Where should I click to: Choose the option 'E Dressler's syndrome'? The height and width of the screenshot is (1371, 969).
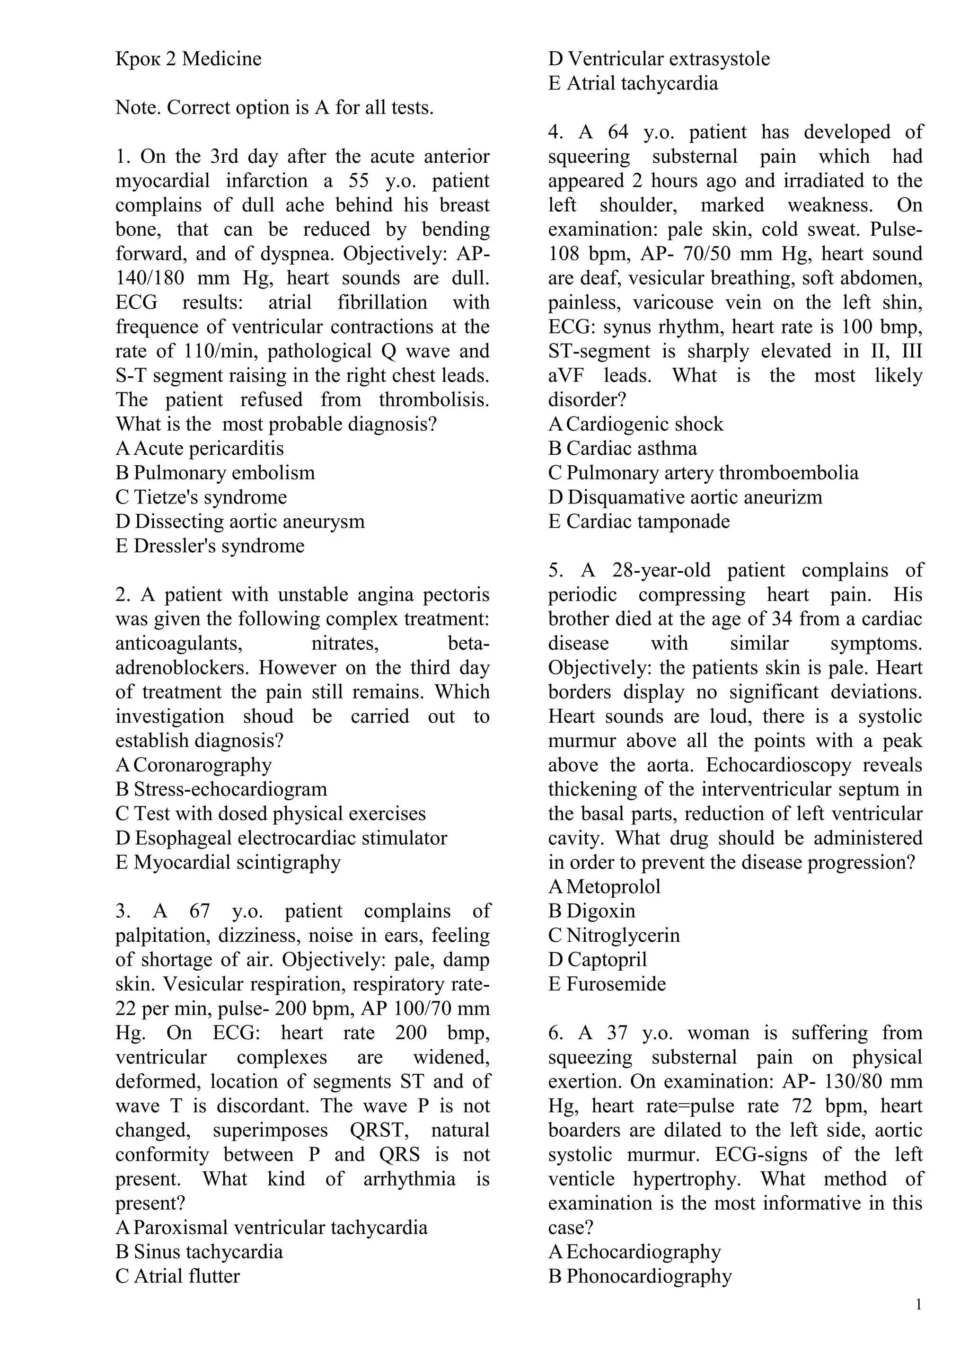[x=210, y=546]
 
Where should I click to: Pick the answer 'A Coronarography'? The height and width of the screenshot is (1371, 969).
[x=194, y=765]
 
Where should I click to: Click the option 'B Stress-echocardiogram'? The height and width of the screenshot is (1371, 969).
[x=221, y=789]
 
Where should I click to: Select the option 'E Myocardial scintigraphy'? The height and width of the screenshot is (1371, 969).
[x=228, y=862]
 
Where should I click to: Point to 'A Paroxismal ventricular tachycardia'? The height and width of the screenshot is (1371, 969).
[x=272, y=1228]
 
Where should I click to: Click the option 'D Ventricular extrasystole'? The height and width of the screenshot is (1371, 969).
[x=659, y=59]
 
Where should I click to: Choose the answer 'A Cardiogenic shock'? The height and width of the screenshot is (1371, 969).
[x=636, y=425]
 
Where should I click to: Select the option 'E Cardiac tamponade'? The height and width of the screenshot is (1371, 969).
[x=639, y=522]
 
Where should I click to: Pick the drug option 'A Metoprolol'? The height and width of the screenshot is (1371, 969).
[x=604, y=887]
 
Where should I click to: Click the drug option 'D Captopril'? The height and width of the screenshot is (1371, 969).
[x=597, y=960]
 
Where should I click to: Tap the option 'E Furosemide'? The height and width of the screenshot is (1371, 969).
[x=607, y=984]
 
